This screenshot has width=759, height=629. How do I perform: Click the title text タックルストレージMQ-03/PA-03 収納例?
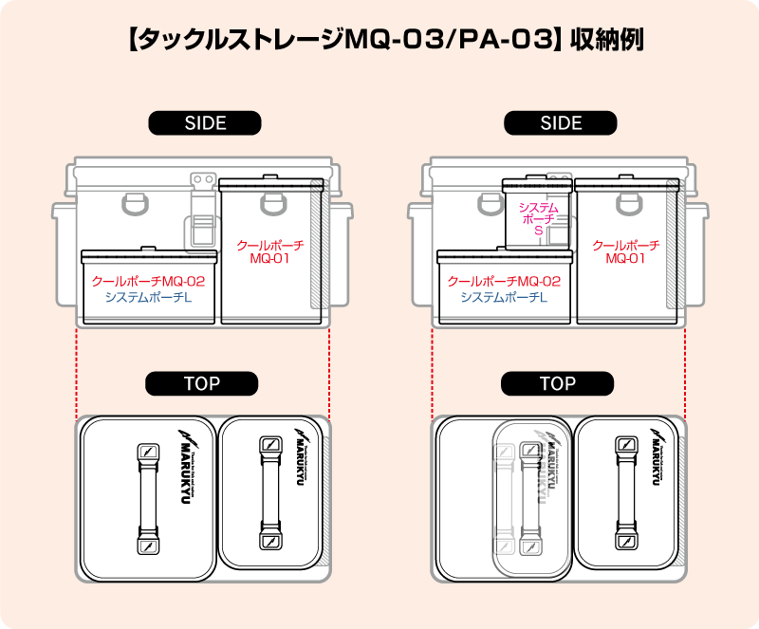tap(379, 42)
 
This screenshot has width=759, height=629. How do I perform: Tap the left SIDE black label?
tap(205, 123)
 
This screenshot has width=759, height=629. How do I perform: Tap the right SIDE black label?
tap(561, 123)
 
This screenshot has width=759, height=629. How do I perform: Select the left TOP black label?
tap(201, 383)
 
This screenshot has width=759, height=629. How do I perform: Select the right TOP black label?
tap(558, 383)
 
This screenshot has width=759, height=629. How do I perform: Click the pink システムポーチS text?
tap(538, 218)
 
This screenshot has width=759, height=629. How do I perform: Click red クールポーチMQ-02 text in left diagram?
tap(148, 281)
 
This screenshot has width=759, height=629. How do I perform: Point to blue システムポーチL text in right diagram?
tap(504, 297)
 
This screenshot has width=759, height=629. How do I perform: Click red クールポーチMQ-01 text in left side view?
tap(270, 251)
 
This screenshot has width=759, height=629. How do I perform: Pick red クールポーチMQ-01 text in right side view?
tap(626, 251)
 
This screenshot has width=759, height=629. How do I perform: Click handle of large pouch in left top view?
tap(147, 499)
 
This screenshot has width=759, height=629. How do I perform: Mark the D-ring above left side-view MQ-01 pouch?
tap(272, 200)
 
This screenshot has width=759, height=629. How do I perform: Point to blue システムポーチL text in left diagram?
tap(148, 297)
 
